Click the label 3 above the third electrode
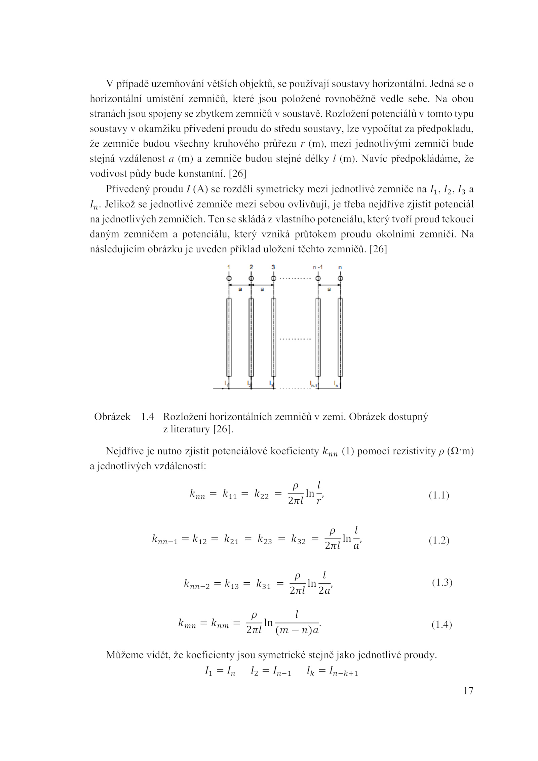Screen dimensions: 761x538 pyautogui.click(x=273, y=267)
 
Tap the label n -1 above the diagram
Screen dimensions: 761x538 pyautogui.click(x=317, y=267)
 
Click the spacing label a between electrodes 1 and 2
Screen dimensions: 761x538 pyautogui.click(x=240, y=289)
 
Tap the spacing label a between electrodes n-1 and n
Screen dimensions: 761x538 pyautogui.click(x=329, y=289)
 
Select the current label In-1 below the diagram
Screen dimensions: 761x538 pyautogui.click(x=313, y=384)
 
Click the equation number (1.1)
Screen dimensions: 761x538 pyautogui.click(x=439, y=496)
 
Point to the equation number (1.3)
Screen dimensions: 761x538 pyautogui.click(x=442, y=583)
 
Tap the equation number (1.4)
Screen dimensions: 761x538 pyautogui.click(x=441, y=625)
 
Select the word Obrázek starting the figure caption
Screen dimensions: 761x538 pyautogui.click(x=112, y=417)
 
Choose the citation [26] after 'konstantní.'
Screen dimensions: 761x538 pyautogui.click(x=237, y=174)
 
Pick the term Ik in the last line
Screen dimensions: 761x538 pyautogui.click(x=310, y=672)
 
